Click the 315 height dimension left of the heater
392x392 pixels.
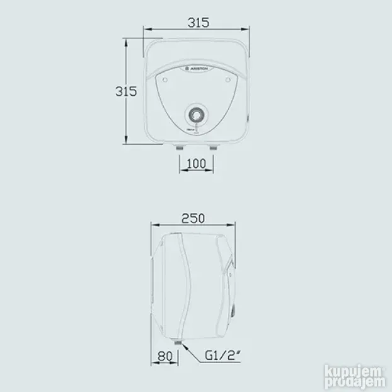[125, 91]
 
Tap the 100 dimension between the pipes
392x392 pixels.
[197, 164]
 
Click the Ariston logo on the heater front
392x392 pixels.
[197, 69]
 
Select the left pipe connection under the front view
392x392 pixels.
[180, 147]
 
